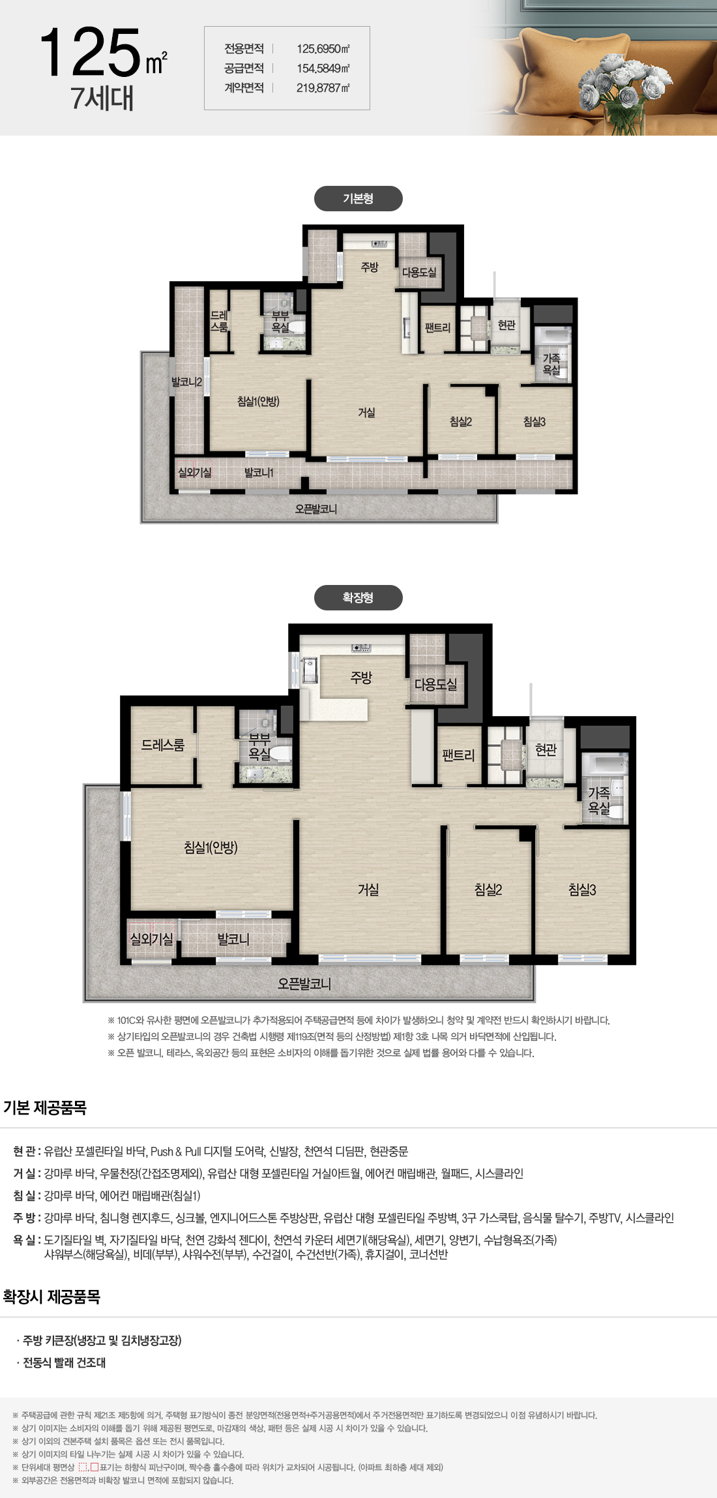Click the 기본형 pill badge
coord(358,199)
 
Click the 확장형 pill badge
coord(358,597)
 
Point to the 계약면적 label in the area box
coord(244,88)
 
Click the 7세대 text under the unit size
coord(102,98)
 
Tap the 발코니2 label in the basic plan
coord(186,382)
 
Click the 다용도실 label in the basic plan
coord(419,273)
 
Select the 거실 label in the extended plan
coord(368,890)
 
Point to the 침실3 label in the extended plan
coord(582,890)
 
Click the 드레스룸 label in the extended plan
coord(163,745)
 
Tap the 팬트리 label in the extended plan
coord(458,756)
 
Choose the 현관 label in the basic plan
coord(506,325)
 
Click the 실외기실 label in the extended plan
coord(152,939)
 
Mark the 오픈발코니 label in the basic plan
coord(316,509)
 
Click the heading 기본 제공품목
coord(45,1108)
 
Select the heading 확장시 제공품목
coord(51,1297)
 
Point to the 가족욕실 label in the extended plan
coord(599,800)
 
